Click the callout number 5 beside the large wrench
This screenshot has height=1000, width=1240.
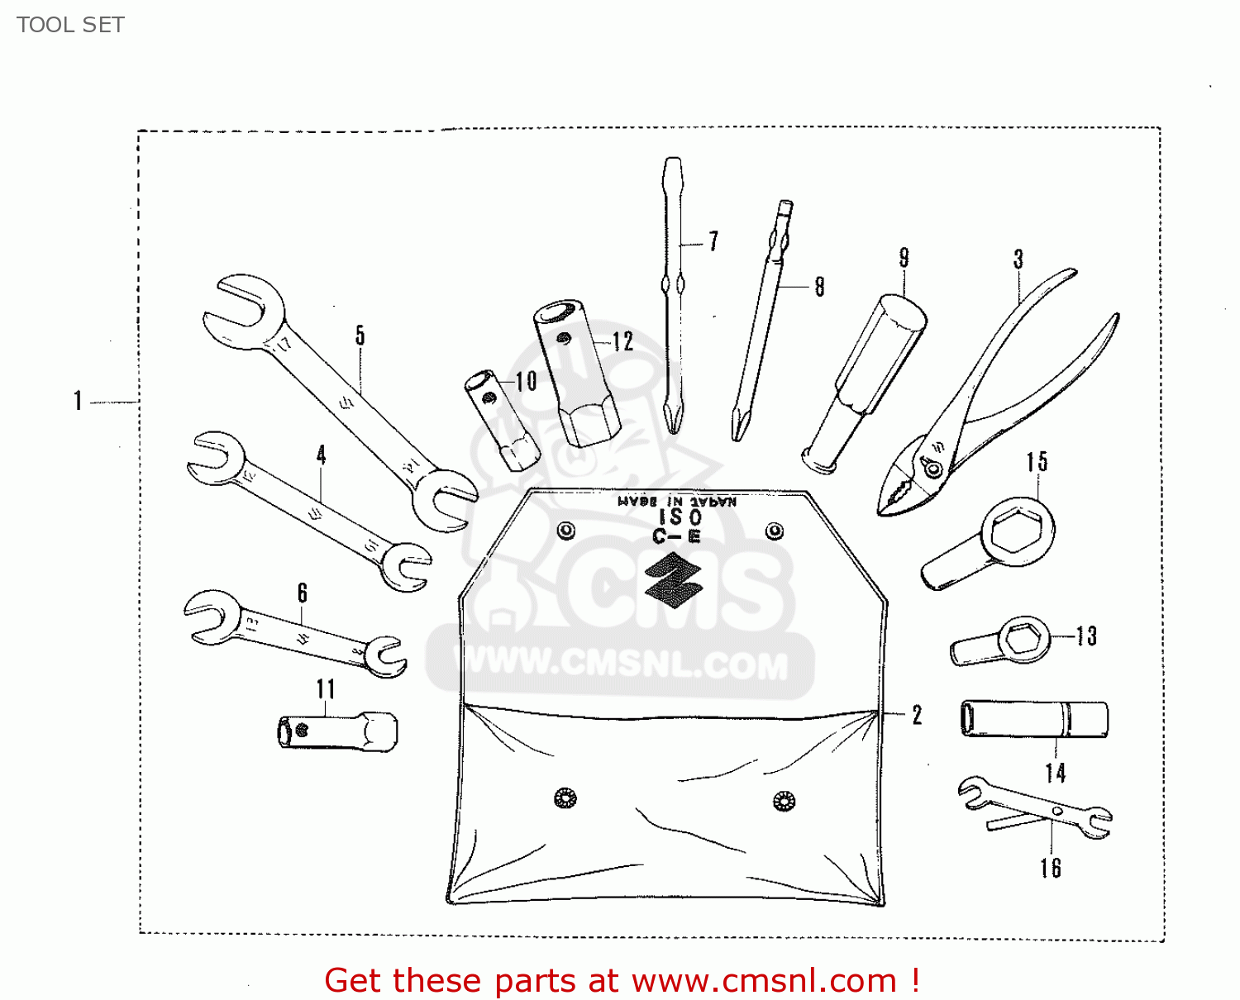point(360,335)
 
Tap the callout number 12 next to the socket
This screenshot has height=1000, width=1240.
point(622,341)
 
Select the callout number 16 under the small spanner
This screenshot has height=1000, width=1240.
point(1051,868)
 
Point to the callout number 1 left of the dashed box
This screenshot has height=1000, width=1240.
point(78,402)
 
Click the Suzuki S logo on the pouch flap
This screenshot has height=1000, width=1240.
point(673,576)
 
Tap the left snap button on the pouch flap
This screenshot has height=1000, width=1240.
point(566,530)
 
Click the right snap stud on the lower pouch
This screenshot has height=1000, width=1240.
point(783,800)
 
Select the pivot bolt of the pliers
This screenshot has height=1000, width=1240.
point(933,469)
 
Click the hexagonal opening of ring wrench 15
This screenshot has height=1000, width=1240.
point(1010,530)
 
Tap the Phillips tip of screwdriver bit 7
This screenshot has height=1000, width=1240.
point(674,420)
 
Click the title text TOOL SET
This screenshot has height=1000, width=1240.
point(70,25)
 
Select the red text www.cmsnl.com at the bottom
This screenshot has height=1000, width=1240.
point(764,981)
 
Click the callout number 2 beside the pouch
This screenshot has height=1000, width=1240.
point(917,715)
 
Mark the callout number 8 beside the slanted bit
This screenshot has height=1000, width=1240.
point(819,287)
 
